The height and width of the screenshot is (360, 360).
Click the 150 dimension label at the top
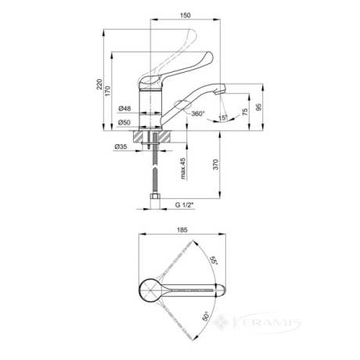(185, 15)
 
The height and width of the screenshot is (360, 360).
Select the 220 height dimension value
(99, 84)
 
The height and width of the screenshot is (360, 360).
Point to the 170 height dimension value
(108, 91)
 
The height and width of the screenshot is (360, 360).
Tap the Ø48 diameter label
(124, 108)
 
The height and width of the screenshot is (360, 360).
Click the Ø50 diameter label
(124, 122)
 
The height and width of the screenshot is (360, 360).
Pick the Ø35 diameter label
(121, 147)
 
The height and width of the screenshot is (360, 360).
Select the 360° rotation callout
(198, 113)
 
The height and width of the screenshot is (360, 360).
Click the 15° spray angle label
(223, 118)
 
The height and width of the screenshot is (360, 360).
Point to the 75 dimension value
(245, 112)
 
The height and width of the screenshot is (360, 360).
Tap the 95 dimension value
(258, 107)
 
